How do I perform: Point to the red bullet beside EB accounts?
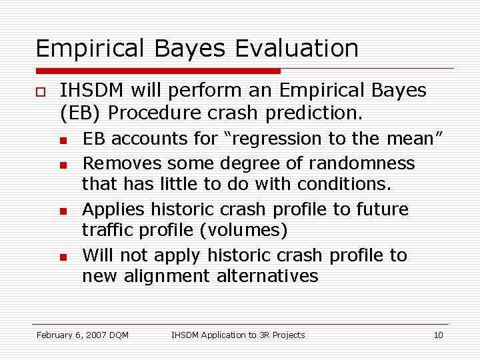pos(62,140)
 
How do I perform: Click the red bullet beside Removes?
pos(62,164)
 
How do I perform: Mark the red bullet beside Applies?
pos(62,211)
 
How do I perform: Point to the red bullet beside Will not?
pos(62,257)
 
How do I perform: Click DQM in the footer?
pos(117,335)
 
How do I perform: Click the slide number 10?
pos(438,335)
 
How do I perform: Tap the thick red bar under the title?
pos(158,70)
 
